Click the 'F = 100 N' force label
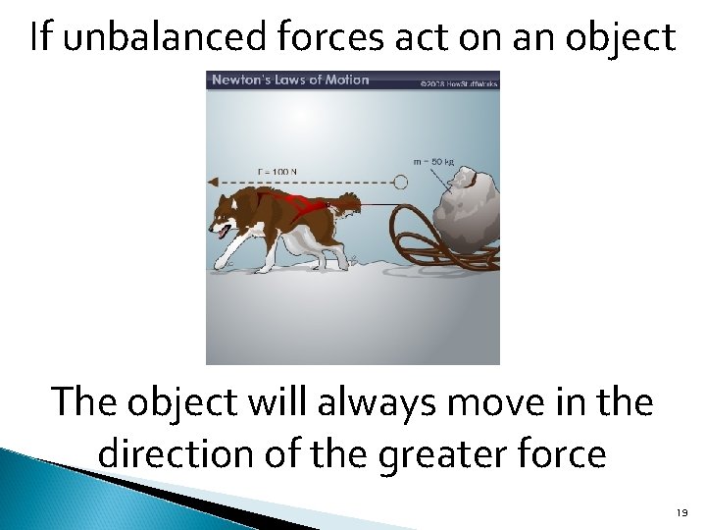(277, 172)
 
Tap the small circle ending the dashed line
(400, 182)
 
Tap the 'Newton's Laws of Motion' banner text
(291, 79)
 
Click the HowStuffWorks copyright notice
(459, 83)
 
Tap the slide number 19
(681, 512)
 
